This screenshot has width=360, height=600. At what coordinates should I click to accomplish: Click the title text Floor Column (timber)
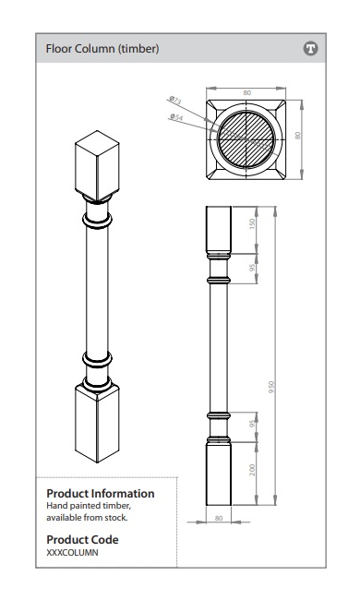click(x=102, y=49)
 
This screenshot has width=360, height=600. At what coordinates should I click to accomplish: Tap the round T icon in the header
click(x=311, y=49)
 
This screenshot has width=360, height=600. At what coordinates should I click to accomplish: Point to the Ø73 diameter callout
click(x=175, y=101)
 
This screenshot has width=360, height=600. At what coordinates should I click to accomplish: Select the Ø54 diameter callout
click(x=176, y=116)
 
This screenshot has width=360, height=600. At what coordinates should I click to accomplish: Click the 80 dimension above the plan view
click(x=246, y=92)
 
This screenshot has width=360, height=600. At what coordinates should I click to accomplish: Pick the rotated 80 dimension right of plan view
click(x=297, y=136)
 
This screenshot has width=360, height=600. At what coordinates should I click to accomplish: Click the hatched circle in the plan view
click(x=246, y=139)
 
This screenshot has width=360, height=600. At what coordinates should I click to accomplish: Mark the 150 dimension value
click(x=252, y=224)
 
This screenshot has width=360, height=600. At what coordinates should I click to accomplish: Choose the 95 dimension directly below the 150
click(x=252, y=268)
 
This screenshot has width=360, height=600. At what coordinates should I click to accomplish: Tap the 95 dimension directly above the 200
click(x=252, y=424)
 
